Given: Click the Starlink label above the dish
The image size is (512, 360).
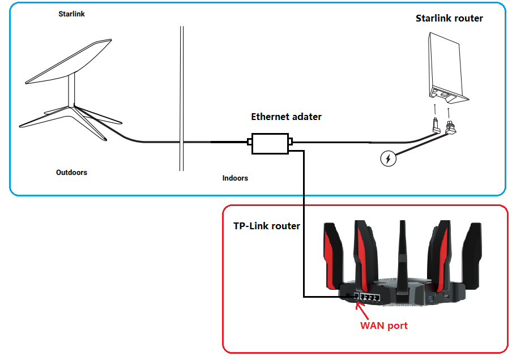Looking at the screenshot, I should tap(71, 14).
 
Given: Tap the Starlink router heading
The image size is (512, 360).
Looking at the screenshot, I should tap(449, 18).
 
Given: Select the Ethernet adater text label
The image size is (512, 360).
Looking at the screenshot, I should tap(286, 117).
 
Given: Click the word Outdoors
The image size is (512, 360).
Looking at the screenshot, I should tap(71, 172).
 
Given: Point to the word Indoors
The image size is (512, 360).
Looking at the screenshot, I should tap(235, 178).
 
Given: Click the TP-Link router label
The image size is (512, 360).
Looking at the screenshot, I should tap(267, 226).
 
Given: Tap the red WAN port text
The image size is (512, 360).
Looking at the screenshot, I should tap(384, 326).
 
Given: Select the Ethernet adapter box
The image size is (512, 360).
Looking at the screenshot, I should tap(269, 143).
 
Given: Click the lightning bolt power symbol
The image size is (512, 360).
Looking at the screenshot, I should tap(387, 159).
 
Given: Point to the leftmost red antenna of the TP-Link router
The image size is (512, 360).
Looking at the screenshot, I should tap(332, 255).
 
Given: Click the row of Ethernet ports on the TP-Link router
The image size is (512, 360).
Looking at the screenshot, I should tap(366, 295).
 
